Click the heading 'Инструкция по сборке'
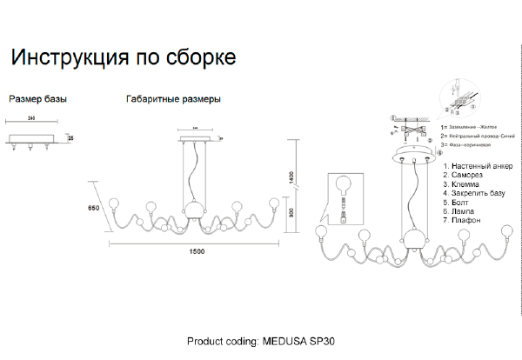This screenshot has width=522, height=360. pyautogui.click(x=122, y=59)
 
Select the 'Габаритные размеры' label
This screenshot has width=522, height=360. pyautogui.click(x=173, y=99)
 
